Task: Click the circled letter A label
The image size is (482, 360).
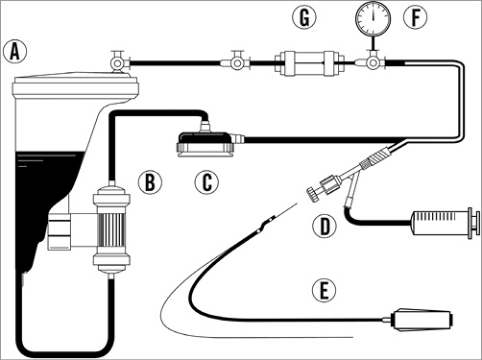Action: click(14, 52)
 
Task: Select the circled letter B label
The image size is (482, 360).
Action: click(150, 181)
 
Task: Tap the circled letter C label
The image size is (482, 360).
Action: click(206, 181)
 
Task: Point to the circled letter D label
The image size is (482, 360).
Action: click(325, 226)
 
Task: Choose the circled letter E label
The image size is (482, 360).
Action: click(325, 291)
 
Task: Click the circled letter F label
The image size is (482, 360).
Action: click(415, 17)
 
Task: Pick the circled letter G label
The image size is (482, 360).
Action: click(304, 17)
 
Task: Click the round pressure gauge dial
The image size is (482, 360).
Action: click(374, 17)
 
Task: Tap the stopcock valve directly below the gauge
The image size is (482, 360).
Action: click(372, 62)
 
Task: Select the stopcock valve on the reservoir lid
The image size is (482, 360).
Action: click(118, 62)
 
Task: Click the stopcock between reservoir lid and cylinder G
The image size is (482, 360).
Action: click(237, 61)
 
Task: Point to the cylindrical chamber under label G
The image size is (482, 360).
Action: click(309, 63)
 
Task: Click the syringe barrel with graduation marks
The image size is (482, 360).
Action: click(440, 223)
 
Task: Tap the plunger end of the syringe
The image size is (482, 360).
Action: click(474, 223)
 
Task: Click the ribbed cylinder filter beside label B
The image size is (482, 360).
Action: click(111, 228)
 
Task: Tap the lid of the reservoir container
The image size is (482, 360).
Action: click(75, 86)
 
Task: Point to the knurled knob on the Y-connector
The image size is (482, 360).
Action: click(313, 195)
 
